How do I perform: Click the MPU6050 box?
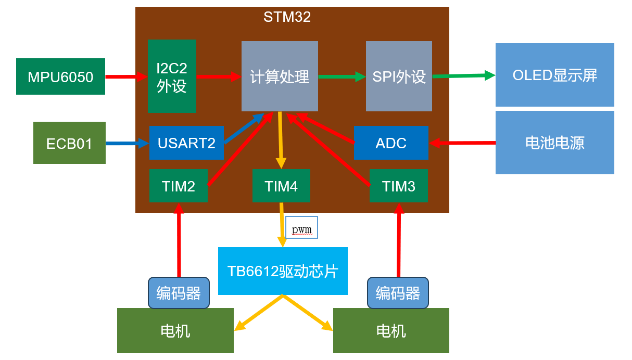[60, 76]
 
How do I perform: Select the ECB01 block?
[69, 143]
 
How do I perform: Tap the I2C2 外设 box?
[172, 76]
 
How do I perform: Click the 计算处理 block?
[280, 76]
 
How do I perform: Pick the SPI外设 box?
[399, 76]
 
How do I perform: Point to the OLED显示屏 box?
[554, 75]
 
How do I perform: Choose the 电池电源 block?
[554, 142]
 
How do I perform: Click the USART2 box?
[186, 143]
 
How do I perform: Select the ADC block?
[391, 143]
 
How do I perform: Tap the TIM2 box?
[179, 186]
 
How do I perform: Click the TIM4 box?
[281, 186]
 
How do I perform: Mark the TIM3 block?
[399, 186]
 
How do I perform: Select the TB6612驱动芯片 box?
[283, 271]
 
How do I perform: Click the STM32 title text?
[287, 17]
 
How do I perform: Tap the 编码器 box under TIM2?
[179, 293]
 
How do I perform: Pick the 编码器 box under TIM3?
[398, 293]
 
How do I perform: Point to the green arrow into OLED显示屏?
[463, 76]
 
